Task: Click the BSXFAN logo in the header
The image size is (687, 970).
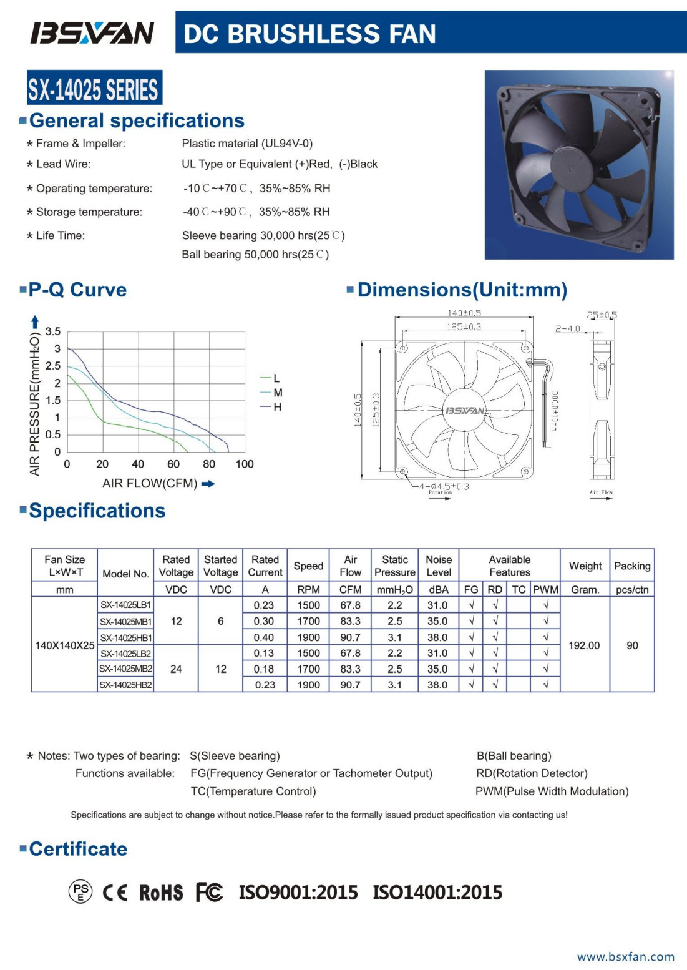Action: tap(92, 32)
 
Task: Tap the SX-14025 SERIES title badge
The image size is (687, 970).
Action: tap(94, 88)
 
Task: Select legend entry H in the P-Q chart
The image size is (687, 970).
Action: tap(277, 407)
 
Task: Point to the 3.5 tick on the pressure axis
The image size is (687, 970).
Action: tap(53, 331)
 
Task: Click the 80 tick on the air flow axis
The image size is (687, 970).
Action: tap(209, 464)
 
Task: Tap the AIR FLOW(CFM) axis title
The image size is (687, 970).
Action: tap(150, 484)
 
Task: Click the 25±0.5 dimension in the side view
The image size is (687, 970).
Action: tap(602, 315)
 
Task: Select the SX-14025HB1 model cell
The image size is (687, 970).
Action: tap(125, 637)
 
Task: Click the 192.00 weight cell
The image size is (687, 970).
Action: tap(584, 645)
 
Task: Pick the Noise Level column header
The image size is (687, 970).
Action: tap(439, 566)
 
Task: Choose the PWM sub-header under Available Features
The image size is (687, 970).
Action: tap(545, 589)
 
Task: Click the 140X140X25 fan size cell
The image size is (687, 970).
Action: tap(65, 645)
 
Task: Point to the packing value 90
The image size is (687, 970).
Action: tap(632, 645)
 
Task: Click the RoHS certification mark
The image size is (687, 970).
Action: tap(160, 893)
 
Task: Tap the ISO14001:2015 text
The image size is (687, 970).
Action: tap(437, 893)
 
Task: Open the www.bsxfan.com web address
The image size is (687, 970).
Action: tap(626, 957)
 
